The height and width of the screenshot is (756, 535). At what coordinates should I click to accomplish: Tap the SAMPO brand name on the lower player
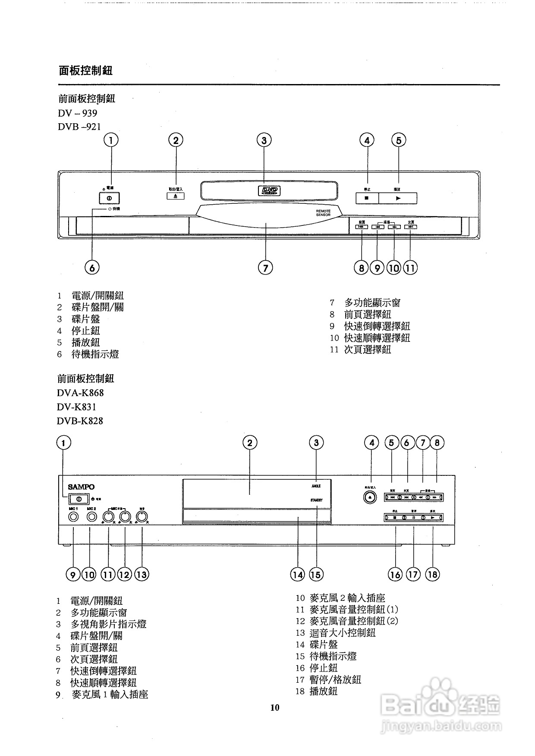[x=81, y=487]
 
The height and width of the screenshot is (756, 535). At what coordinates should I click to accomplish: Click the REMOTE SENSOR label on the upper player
[x=323, y=213]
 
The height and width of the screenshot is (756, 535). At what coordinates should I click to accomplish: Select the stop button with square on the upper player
[x=367, y=198]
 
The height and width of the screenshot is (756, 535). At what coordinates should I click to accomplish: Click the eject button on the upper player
[x=176, y=196]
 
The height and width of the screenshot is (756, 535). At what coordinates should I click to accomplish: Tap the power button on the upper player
[x=109, y=198]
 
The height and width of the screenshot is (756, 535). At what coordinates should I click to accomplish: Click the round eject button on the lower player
[x=370, y=497]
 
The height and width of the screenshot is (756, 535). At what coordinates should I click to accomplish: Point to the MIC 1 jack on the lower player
[x=74, y=516]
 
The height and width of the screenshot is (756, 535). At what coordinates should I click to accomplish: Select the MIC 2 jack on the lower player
[x=91, y=516]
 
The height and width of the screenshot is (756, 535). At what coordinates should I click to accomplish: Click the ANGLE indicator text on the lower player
[x=316, y=486]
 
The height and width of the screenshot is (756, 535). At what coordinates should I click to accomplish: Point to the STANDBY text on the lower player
[x=316, y=500]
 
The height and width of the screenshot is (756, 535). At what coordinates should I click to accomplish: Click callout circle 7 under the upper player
[x=265, y=268]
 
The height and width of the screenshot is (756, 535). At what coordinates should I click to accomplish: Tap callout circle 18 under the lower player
[x=432, y=574]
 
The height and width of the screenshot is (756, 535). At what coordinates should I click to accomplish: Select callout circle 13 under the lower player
[x=142, y=574]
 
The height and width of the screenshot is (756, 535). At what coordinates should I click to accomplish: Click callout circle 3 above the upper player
[x=264, y=140]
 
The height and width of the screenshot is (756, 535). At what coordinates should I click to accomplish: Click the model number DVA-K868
[x=80, y=393]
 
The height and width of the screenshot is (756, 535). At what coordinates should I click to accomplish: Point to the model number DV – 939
[x=78, y=113]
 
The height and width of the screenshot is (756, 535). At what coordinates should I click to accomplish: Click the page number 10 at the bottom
[x=275, y=707]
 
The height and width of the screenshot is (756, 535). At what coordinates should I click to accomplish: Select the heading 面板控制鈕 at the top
[x=85, y=71]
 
